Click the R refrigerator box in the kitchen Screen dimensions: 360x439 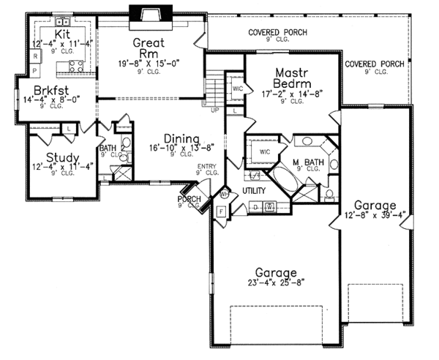(34, 56)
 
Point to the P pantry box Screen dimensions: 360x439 (34, 71)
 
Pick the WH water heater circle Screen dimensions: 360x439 (225, 195)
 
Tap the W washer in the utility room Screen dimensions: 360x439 (269, 207)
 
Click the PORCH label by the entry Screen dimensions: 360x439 (190, 198)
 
